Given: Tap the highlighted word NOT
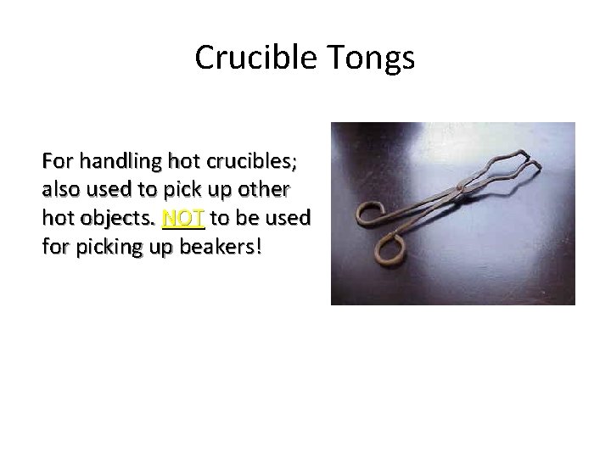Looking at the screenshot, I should pos(182,217).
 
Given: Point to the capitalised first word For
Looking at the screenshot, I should pos(58,160).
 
